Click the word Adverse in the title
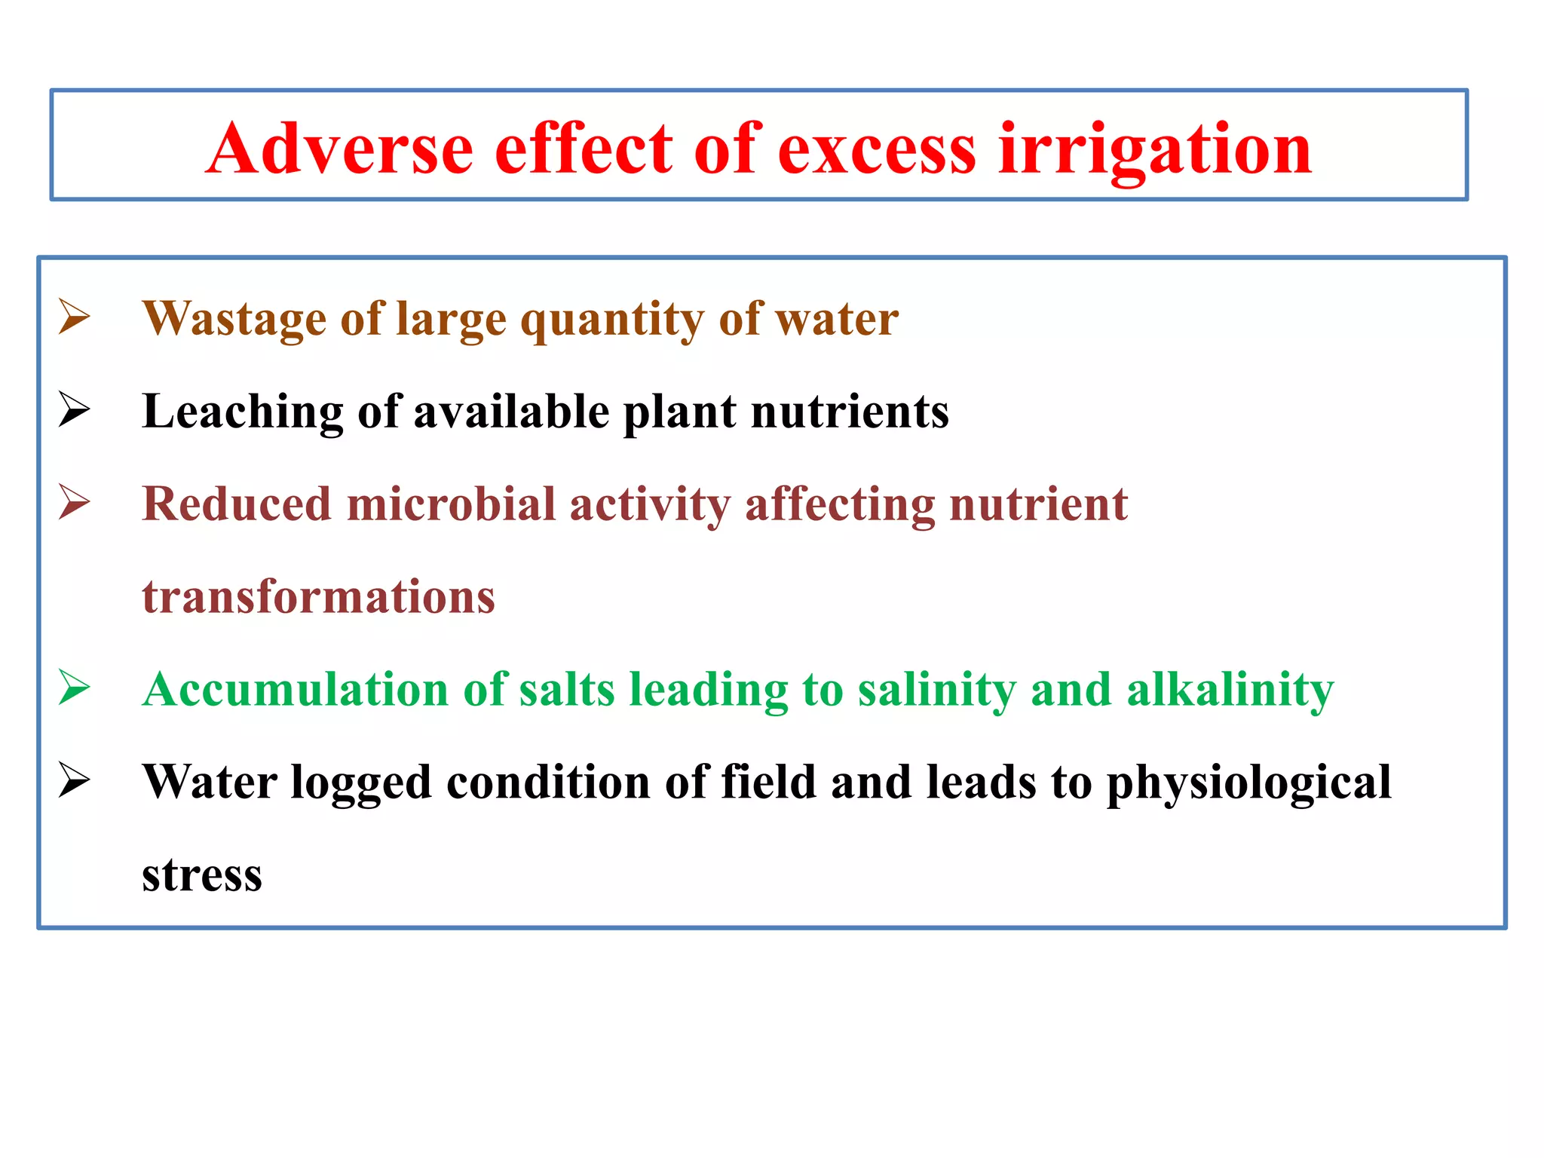339,149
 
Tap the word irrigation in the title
1155,149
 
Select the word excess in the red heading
876,149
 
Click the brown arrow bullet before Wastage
75,317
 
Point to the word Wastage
234,319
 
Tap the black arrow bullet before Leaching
75,409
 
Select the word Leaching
241,412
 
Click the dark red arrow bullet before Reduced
75,502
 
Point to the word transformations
318,597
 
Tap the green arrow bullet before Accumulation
75,688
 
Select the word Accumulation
295,690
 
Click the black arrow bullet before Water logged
75,780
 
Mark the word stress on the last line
202,876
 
